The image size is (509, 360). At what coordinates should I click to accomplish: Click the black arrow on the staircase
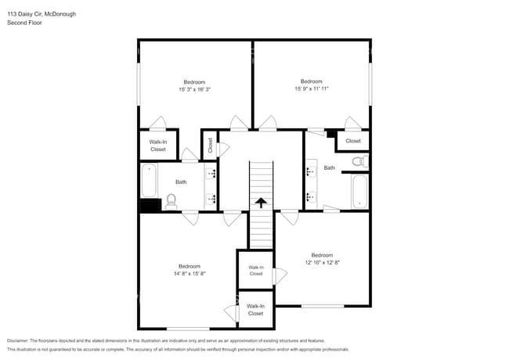tap(259, 203)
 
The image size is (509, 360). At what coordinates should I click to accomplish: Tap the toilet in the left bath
tap(171, 201)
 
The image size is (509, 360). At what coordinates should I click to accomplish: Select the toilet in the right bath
tap(358, 162)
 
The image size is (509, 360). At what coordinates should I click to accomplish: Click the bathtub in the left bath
tap(149, 180)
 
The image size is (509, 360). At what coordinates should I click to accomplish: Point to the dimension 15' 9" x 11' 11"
tap(311, 88)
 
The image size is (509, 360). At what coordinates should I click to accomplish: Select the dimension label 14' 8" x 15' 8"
tap(189, 273)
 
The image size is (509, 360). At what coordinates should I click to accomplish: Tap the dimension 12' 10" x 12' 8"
tap(322, 262)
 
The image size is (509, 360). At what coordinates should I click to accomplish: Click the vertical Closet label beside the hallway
tap(210, 145)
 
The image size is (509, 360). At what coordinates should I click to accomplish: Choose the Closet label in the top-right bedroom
tap(353, 141)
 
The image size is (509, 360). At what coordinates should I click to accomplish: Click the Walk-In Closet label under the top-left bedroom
tap(157, 145)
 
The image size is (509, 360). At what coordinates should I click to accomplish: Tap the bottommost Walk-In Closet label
tap(255, 309)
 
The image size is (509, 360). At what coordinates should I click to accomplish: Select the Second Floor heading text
tap(24, 23)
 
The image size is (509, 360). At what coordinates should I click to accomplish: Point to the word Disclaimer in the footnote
tap(21, 340)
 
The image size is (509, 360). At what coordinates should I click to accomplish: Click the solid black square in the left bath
tap(148, 205)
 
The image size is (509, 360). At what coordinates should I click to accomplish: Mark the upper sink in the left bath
tap(211, 174)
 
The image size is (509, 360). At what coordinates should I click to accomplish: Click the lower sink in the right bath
tap(311, 195)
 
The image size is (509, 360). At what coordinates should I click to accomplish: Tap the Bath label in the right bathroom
tap(330, 167)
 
